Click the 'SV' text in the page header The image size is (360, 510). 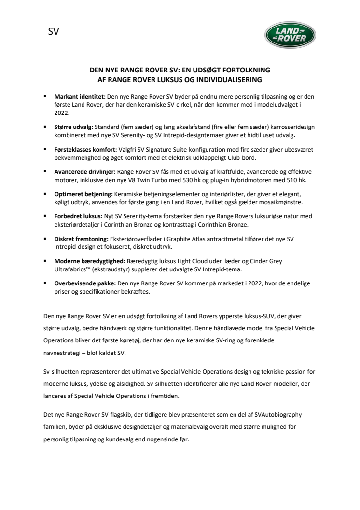(54, 33)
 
